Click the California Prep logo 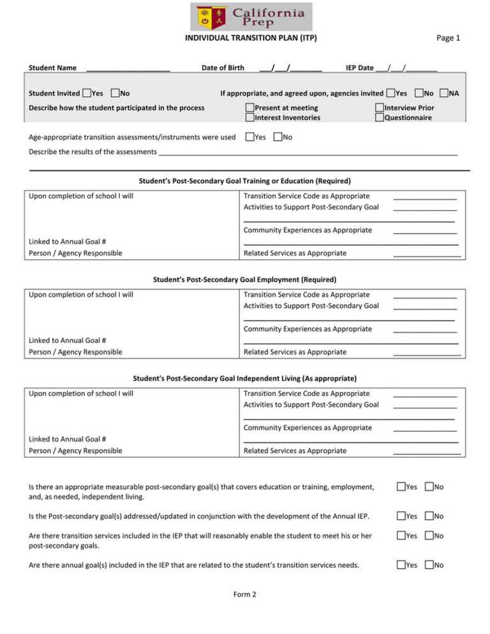(x=251, y=17)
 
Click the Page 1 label (x=448, y=38)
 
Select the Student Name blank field (x=128, y=68)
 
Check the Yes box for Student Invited (x=87, y=93)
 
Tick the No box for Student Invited (x=115, y=93)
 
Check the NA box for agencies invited (x=444, y=93)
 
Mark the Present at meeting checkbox (x=250, y=108)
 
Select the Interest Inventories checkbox (x=250, y=117)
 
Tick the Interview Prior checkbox (x=380, y=108)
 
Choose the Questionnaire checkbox (x=380, y=117)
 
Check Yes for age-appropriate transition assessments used (x=250, y=137)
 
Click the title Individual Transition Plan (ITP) (x=251, y=38)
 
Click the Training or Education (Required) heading (x=244, y=181)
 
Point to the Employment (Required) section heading (x=244, y=279)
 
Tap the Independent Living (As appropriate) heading (x=244, y=378)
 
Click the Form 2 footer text (x=244, y=594)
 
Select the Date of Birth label (x=223, y=68)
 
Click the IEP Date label (x=359, y=68)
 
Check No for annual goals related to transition (x=429, y=564)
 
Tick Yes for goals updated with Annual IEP (x=401, y=516)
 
